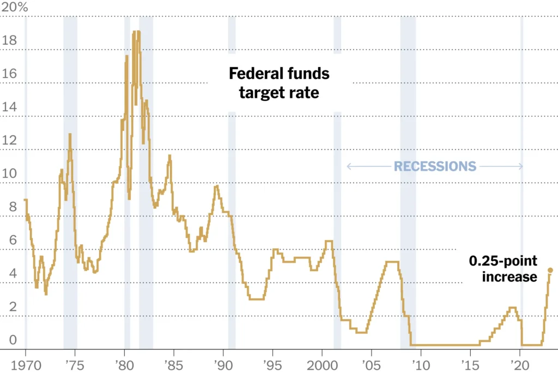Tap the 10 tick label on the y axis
[9, 175]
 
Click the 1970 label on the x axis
[25, 364]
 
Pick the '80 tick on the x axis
[124, 364]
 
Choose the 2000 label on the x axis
[322, 364]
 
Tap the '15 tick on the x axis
[470, 364]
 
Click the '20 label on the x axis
[519, 364]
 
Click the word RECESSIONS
[435, 166]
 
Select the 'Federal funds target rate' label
[279, 83]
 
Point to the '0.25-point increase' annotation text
[504, 269]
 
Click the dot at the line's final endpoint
[550, 270]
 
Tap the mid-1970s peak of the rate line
[70, 134]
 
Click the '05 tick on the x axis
[371, 364]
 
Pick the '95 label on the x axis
[272, 364]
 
